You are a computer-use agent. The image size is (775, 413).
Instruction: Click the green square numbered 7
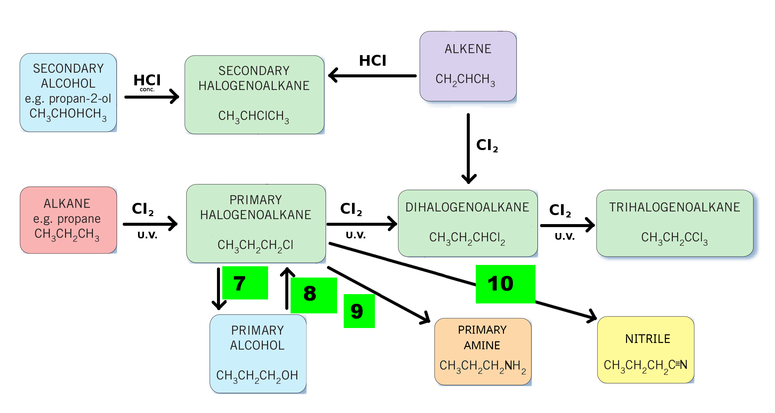245,283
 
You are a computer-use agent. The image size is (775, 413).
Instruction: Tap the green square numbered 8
314,295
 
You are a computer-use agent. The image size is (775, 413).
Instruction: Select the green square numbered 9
359,311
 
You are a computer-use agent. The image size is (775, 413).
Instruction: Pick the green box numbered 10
505,284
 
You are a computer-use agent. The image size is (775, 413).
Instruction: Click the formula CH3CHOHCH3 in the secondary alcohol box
68,115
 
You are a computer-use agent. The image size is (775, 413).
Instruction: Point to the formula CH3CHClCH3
254,117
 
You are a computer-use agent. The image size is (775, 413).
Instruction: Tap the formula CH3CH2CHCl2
467,238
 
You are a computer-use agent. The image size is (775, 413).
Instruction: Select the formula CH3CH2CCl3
674,238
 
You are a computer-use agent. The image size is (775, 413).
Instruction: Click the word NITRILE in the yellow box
648,339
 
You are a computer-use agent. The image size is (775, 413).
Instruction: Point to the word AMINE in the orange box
482,345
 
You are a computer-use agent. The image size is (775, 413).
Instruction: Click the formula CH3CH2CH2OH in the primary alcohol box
257,376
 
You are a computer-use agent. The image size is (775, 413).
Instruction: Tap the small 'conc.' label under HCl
147,89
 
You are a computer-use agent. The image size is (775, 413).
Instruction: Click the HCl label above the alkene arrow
373,60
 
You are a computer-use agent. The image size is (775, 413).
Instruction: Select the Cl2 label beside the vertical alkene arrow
487,145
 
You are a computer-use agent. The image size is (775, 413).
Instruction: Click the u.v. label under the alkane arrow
147,235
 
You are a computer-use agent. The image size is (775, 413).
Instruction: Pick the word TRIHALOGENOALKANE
674,207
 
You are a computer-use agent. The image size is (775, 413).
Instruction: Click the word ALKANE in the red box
67,204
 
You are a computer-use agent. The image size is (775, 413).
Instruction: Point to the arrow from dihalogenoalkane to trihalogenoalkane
567,225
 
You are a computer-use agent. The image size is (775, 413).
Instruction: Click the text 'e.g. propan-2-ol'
68,99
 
